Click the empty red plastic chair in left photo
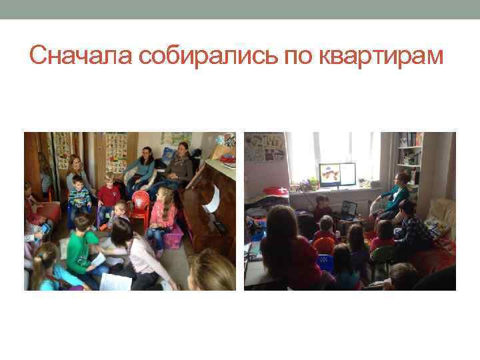click(140, 205)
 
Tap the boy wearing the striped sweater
click(79, 195)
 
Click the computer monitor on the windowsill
click(337, 175)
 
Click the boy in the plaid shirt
click(413, 230)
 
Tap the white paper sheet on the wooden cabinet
click(212, 199)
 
